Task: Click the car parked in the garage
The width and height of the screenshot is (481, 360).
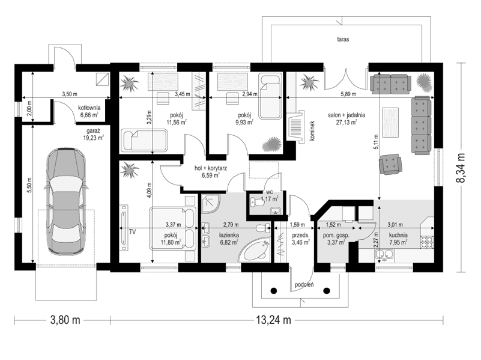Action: click(65, 201)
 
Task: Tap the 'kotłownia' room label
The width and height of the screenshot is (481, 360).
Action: click(89, 108)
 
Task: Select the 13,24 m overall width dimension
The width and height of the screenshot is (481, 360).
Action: click(274, 320)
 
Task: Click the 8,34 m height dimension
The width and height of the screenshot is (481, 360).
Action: click(461, 168)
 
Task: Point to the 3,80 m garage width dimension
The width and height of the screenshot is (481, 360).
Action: click(65, 320)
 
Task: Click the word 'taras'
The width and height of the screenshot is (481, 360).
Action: click(343, 39)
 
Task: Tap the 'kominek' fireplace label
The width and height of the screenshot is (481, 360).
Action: click(312, 131)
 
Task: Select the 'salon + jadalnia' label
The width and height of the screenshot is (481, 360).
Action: click(346, 115)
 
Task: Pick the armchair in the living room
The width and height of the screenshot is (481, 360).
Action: click(390, 164)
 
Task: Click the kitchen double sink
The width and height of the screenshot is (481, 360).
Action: click(384, 255)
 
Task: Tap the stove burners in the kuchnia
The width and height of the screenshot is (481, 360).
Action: click(427, 242)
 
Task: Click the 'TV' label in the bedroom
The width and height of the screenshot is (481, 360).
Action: click(132, 232)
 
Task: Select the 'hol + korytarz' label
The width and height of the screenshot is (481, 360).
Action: click(211, 168)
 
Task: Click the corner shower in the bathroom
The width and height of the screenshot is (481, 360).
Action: click(210, 204)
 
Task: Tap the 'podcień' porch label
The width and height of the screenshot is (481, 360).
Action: click(304, 285)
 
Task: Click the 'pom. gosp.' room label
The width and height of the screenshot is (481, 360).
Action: click(336, 236)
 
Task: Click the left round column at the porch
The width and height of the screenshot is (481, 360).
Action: click(274, 290)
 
